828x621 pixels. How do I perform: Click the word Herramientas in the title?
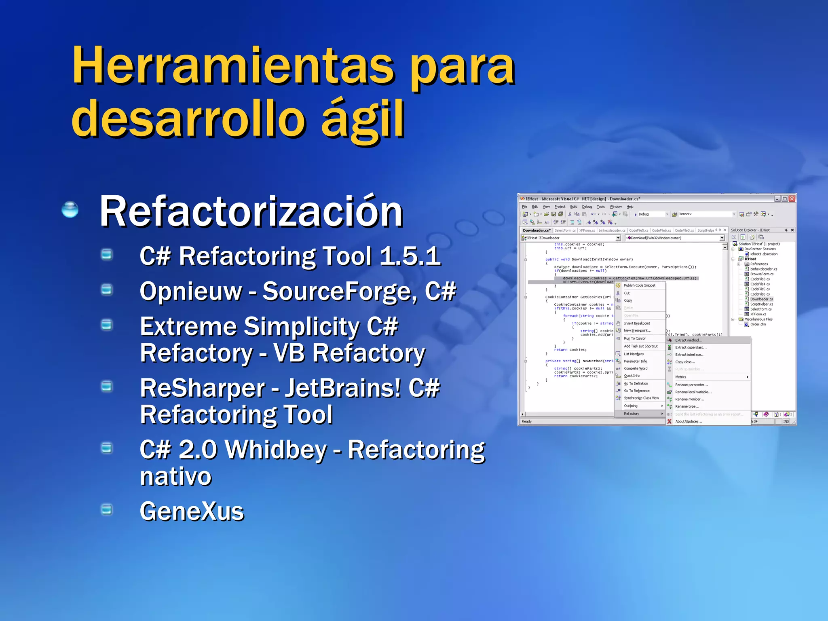tap(232, 65)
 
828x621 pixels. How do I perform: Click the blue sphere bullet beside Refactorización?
tap(70, 209)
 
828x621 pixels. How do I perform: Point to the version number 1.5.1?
tap(410, 256)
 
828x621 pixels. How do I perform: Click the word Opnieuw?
tap(190, 291)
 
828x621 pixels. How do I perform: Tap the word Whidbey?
tap(276, 450)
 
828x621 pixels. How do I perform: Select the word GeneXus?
tap(192, 511)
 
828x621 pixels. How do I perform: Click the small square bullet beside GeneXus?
tap(107, 509)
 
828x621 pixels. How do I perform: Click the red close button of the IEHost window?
tap(792, 199)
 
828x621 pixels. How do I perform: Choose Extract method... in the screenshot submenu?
tap(689, 340)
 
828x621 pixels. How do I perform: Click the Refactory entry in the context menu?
tap(632, 414)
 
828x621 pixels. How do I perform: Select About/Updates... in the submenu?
tap(689, 421)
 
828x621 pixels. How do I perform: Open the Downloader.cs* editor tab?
tap(536, 230)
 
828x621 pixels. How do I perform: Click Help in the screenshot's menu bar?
tap(630, 207)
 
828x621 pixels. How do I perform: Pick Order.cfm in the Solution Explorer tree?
tap(758, 324)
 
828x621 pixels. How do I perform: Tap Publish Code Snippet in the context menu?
tap(640, 285)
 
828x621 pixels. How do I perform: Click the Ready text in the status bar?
tap(526, 421)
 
